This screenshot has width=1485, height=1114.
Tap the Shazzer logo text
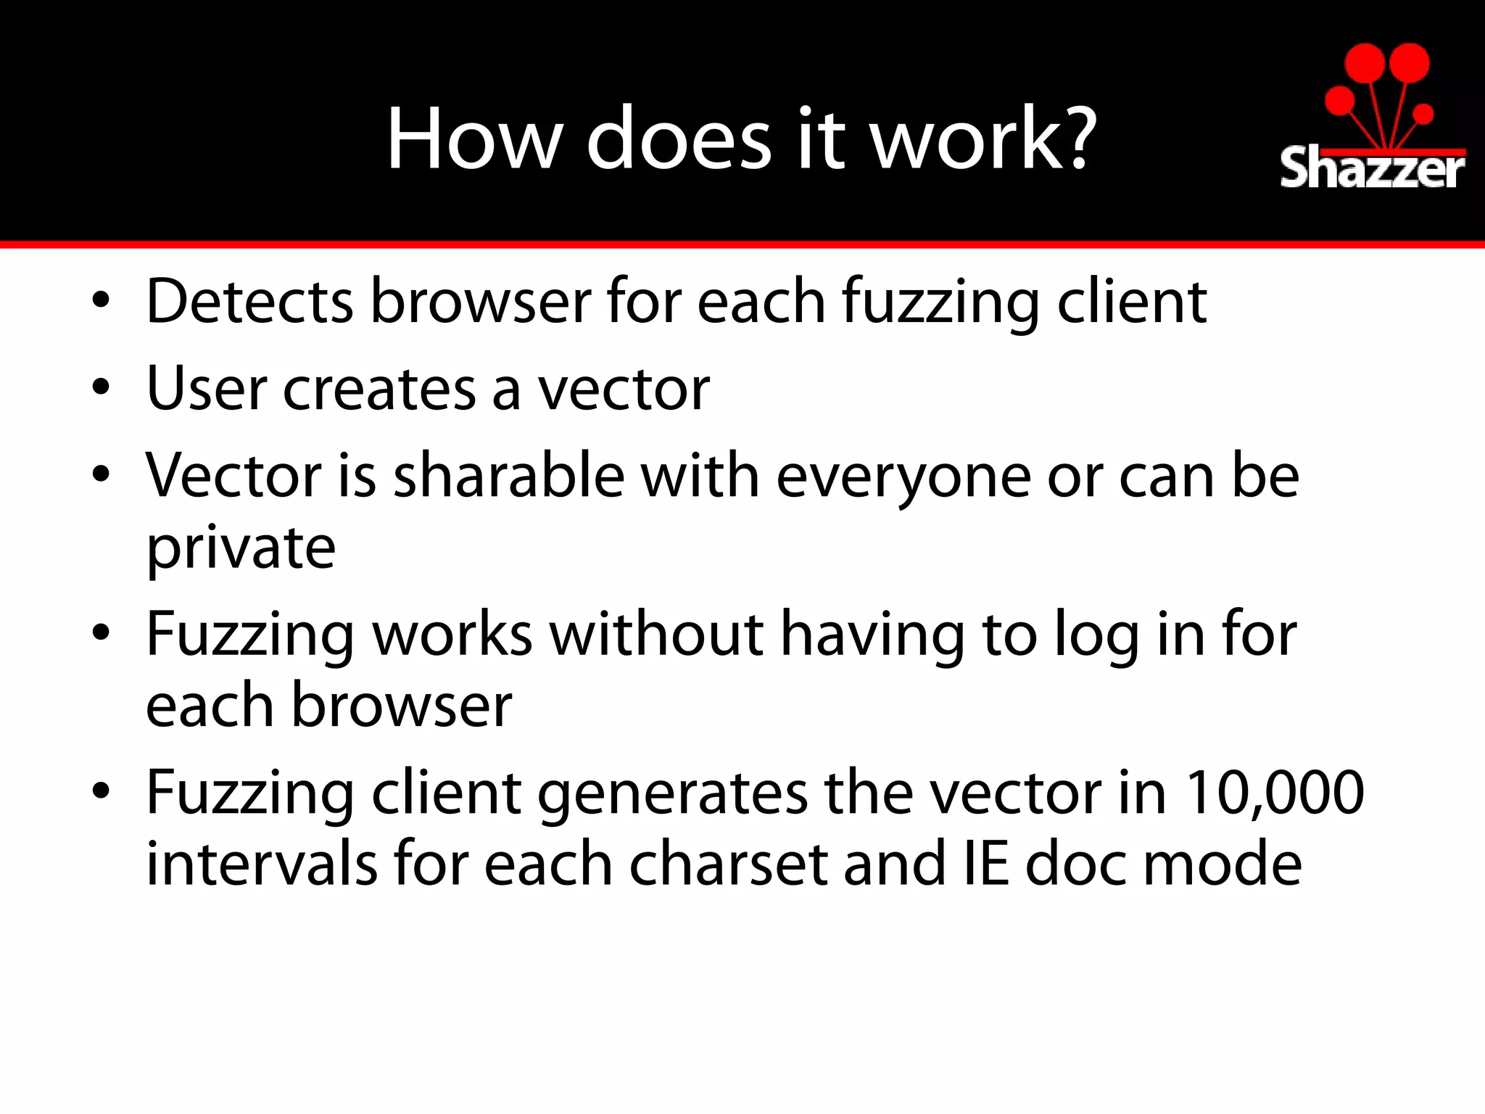[1372, 169]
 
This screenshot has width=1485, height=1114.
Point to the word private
[241, 549]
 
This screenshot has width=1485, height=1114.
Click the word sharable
[509, 476]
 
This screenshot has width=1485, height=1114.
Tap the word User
[207, 389]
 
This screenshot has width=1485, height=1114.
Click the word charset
[728, 864]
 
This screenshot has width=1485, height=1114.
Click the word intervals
[262, 864]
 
